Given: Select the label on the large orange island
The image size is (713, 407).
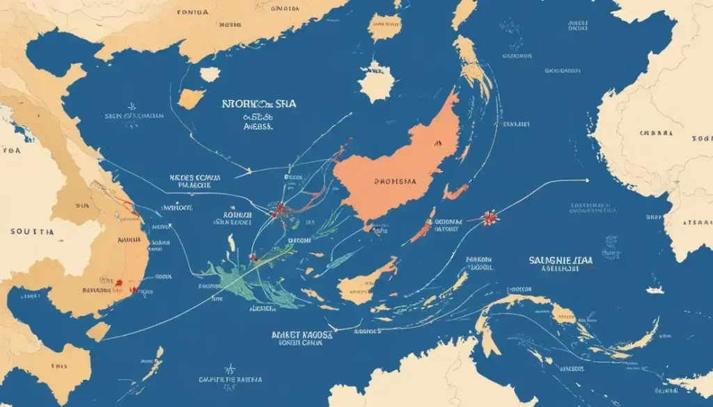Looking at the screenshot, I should point(395,182).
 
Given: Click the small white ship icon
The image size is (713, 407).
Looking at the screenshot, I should point(655,289).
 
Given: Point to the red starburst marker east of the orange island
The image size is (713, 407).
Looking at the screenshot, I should point(491,218).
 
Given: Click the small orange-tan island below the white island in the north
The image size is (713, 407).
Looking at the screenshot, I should point(191,99).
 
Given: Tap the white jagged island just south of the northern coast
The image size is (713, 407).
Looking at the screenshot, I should point(209,74).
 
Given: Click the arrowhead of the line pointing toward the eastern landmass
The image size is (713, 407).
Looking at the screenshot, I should point(586,180).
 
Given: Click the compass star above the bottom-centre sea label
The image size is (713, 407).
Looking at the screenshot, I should point(228,369).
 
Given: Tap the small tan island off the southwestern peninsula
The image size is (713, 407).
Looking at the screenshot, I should point(98,331).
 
